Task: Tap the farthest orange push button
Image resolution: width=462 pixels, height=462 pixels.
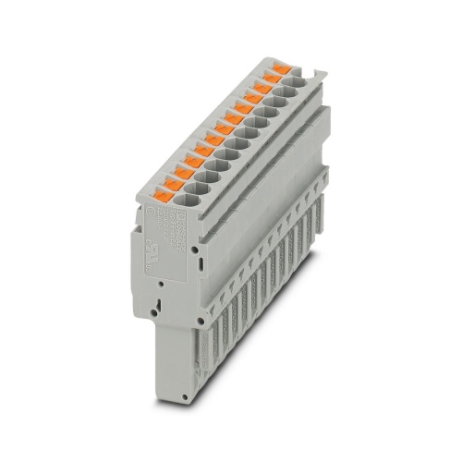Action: click(x=276, y=70)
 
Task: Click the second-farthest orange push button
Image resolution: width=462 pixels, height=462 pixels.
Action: click(x=267, y=80)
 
